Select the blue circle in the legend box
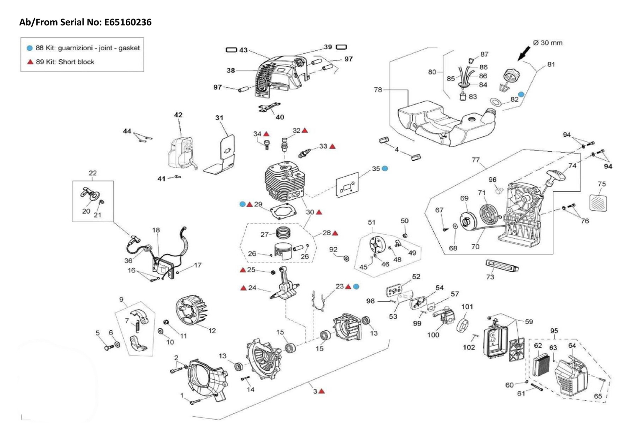pos(30,48)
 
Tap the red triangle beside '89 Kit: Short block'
pos(30,62)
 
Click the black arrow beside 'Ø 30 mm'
pos(523,53)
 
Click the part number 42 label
pos(178,115)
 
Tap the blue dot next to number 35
pos(385,168)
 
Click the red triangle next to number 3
pos(322,391)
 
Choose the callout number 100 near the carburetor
pos(433,335)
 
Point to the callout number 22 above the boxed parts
pos(93,173)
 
